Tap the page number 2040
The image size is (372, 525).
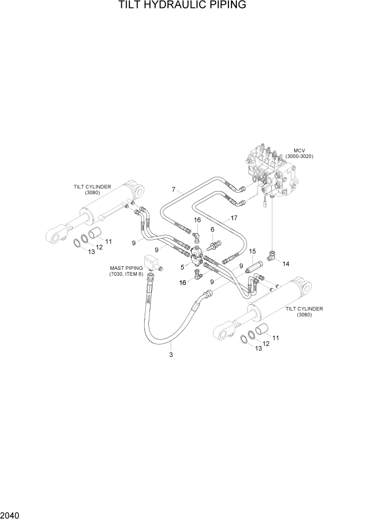coord(12,515)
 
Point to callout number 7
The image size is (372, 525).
coord(173,189)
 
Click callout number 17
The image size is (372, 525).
coord(234,218)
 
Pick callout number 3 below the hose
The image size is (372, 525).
coord(171,355)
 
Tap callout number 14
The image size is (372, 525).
coord(286,263)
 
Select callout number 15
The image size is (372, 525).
coord(252,251)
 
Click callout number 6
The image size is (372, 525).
coord(212,230)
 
